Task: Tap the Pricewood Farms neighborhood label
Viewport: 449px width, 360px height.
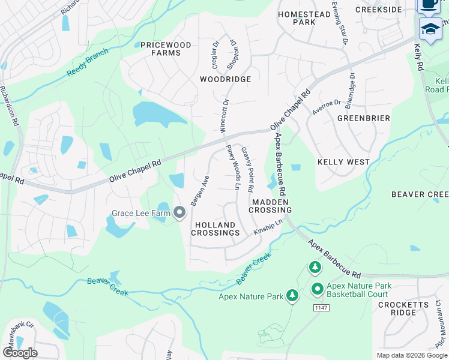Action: (160, 49)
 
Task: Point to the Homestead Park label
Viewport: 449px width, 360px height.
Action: (295, 17)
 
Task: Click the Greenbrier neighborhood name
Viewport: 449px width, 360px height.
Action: (364, 118)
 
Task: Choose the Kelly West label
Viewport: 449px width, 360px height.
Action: (343, 162)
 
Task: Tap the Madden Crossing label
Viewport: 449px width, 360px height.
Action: (271, 206)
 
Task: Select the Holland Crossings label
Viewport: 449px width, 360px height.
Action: (217, 228)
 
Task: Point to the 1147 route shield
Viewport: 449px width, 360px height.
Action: (320, 307)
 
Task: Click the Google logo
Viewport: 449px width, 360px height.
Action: (20, 353)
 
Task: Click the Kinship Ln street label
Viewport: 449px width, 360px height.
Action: (268, 227)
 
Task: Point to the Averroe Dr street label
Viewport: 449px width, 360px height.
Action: (327, 107)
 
